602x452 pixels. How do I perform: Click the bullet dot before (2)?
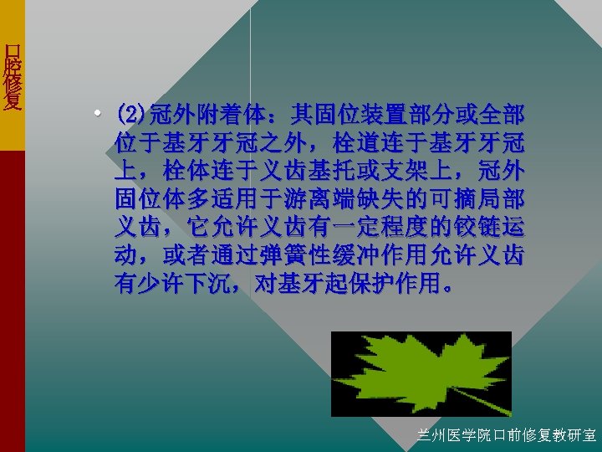pos(99,113)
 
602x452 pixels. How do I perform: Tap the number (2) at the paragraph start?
pos(130,113)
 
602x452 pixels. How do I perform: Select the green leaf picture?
pos(421,374)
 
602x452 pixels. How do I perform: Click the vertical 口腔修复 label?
pos(12,75)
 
